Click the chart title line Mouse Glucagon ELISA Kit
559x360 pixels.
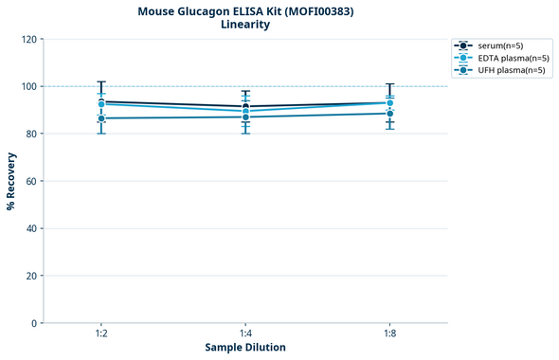point(244,11)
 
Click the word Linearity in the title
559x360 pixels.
point(244,25)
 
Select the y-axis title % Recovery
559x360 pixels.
point(11,180)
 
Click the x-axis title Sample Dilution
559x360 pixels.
point(245,347)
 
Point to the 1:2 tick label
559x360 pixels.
point(100,333)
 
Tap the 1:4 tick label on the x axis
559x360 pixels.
point(245,333)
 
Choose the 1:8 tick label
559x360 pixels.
point(390,333)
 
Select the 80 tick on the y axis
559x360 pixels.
point(31,134)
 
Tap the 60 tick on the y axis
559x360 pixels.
point(31,181)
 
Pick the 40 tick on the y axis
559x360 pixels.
point(31,228)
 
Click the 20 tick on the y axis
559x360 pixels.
point(31,276)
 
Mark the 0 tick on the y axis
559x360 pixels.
point(34,323)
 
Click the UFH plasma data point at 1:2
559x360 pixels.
point(100,118)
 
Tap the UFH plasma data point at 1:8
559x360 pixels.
point(390,114)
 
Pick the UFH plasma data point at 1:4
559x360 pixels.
point(245,117)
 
